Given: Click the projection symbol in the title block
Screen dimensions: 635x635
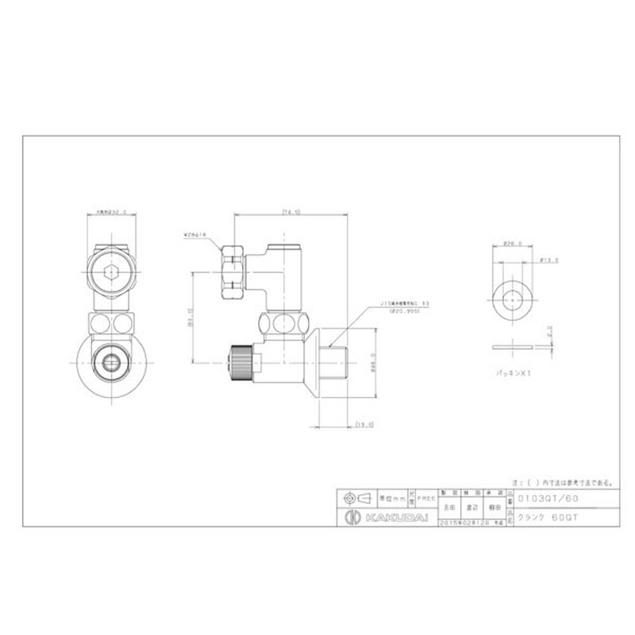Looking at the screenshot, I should pos(356,498).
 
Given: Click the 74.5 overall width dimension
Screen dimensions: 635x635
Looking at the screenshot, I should pos(291,211).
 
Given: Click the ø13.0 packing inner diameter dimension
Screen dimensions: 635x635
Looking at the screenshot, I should pos(548,258).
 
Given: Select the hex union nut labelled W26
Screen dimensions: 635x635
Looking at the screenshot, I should pos(233,269).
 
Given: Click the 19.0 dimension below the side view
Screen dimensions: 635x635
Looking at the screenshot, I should pos(364,425).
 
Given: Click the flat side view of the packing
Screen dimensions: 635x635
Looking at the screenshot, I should pos(512,347).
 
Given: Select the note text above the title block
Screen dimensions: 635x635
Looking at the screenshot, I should pos(562,482).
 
